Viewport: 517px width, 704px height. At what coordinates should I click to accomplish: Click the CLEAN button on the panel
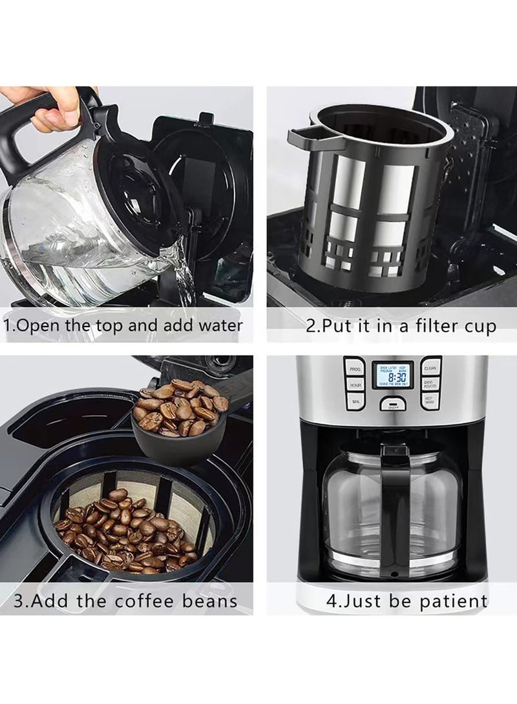tap(431, 368)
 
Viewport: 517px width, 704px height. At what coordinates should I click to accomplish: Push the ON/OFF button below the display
tap(392, 405)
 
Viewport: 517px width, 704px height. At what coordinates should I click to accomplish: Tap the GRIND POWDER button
tap(431, 384)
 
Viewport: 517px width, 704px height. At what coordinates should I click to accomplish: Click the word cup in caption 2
tap(479, 327)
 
